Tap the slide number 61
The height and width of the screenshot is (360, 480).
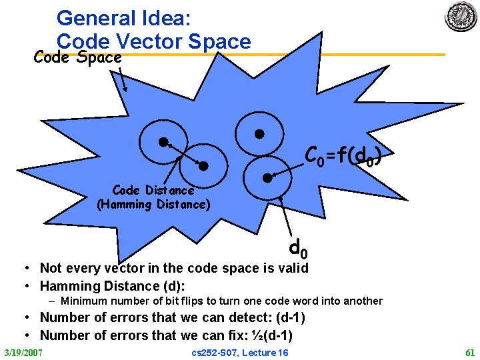(469, 352)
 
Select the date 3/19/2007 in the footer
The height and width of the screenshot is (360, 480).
(23, 352)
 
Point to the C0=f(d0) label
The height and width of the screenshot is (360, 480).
(343, 157)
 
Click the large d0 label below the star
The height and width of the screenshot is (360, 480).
(298, 249)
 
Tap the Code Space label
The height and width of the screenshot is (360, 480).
(78, 57)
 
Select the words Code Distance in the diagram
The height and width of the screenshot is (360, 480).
(153, 191)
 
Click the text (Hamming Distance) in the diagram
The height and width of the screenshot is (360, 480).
(153, 205)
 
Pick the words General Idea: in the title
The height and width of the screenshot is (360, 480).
(115, 17)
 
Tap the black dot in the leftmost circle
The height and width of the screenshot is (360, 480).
(162, 141)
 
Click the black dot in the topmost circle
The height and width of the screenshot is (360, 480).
(261, 133)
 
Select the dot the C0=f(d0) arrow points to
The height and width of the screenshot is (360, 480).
(267, 177)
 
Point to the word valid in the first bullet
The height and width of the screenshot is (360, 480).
(293, 268)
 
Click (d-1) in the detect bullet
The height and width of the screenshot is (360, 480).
(291, 318)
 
